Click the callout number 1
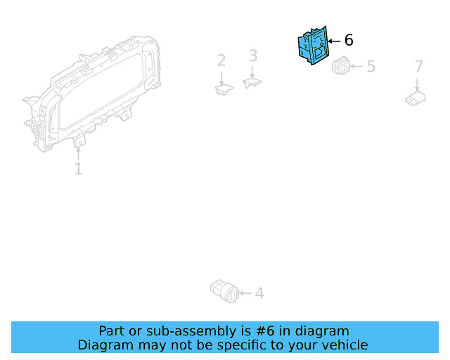pyautogui.click(x=78, y=169)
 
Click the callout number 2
pyautogui.click(x=221, y=60)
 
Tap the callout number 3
pyautogui.click(x=253, y=56)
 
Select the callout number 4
pyautogui.click(x=259, y=292)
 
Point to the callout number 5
pyautogui.click(x=371, y=67)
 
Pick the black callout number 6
pyautogui.click(x=349, y=41)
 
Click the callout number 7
pyautogui.click(x=419, y=66)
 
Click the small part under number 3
pyautogui.click(x=252, y=82)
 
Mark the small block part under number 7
pyautogui.click(x=416, y=98)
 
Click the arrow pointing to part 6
pyautogui.click(x=334, y=41)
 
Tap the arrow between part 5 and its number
pyautogui.click(x=356, y=67)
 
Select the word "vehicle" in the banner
pyautogui.click(x=342, y=345)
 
